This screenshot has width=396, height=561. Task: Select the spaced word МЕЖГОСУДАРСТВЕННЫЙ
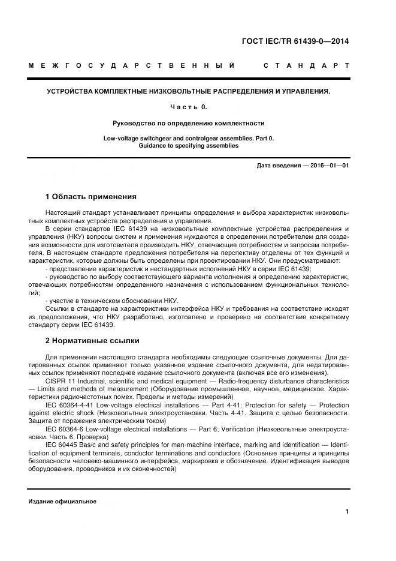131,65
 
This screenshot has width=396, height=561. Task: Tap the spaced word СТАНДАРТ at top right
306,65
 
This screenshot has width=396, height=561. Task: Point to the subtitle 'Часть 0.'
189,107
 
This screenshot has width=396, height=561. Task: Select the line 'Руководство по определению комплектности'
188,123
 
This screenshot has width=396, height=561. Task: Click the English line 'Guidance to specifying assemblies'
188,146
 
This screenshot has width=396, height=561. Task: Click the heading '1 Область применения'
91,196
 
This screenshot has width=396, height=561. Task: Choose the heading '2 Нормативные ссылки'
92,340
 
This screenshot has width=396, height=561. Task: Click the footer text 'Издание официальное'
62,501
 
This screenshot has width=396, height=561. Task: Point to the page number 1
347,512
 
